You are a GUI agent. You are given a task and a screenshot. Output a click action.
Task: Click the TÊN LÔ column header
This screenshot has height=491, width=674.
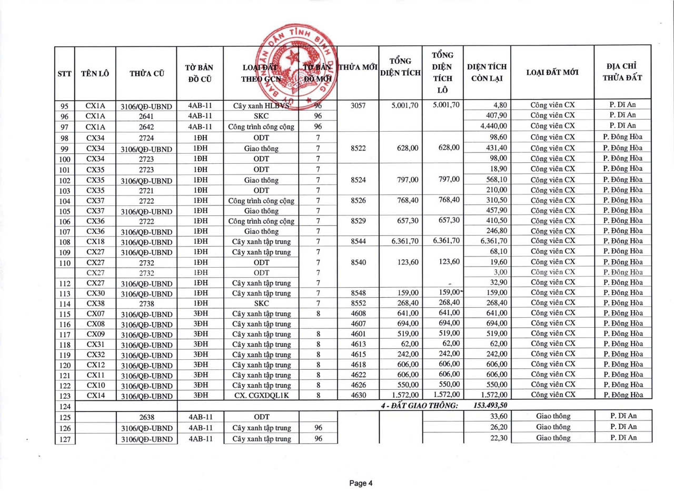(95, 74)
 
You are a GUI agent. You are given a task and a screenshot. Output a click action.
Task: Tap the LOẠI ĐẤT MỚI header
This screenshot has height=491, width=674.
(552, 73)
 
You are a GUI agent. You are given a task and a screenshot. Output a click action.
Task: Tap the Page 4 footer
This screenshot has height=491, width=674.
(361, 483)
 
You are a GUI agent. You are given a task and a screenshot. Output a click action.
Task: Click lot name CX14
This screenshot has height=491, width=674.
(95, 395)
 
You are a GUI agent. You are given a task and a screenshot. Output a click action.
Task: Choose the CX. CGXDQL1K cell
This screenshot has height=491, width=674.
(261, 395)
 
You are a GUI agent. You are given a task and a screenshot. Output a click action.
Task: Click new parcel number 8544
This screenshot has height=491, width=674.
(358, 241)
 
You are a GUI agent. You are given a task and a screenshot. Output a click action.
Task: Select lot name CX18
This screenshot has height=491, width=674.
(95, 241)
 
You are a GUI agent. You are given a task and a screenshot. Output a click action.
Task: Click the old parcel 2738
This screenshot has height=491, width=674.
(146, 303)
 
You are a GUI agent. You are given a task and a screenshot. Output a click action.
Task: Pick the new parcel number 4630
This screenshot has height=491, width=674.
(358, 395)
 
